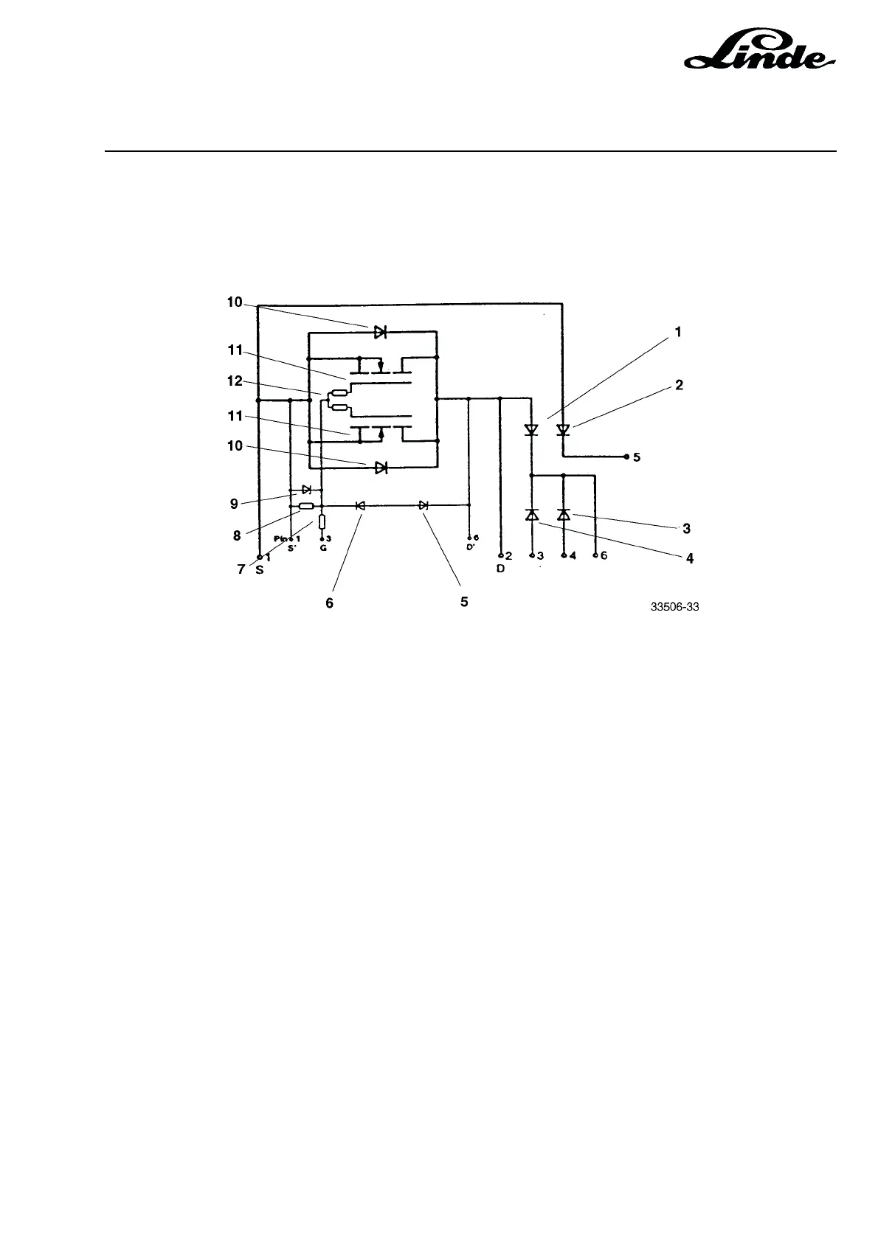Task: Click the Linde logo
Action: pos(761,53)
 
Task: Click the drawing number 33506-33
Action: pos(674,608)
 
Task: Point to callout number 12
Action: pos(234,381)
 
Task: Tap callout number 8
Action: pos(237,536)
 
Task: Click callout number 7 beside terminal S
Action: pos(241,570)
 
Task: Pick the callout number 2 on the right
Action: pos(679,385)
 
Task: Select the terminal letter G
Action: pos(322,549)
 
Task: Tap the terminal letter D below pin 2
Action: pos(500,569)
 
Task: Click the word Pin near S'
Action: pos(280,539)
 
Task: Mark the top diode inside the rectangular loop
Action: pos(380,332)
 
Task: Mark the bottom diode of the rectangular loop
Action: pos(381,468)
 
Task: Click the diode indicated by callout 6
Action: pos(360,505)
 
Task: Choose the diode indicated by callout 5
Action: pos(424,505)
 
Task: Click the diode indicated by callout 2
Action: pos(564,429)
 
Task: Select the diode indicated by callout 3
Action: pos(564,515)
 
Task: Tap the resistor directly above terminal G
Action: pos(322,522)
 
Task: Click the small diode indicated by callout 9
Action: pos(306,489)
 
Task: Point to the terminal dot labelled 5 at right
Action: pos(626,457)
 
